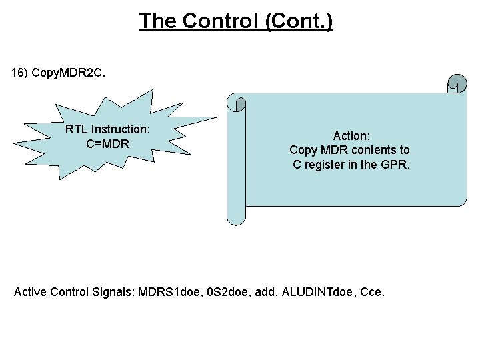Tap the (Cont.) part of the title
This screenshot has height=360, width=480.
(299, 21)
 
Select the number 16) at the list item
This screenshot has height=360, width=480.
(20, 71)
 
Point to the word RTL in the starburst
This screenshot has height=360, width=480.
(77, 129)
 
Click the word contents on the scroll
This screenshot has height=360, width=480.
(374, 150)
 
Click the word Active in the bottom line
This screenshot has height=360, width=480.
(30, 291)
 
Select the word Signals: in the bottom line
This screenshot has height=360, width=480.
(114, 291)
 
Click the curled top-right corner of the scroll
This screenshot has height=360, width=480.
(457, 83)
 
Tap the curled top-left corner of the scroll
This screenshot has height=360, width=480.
(237, 103)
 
